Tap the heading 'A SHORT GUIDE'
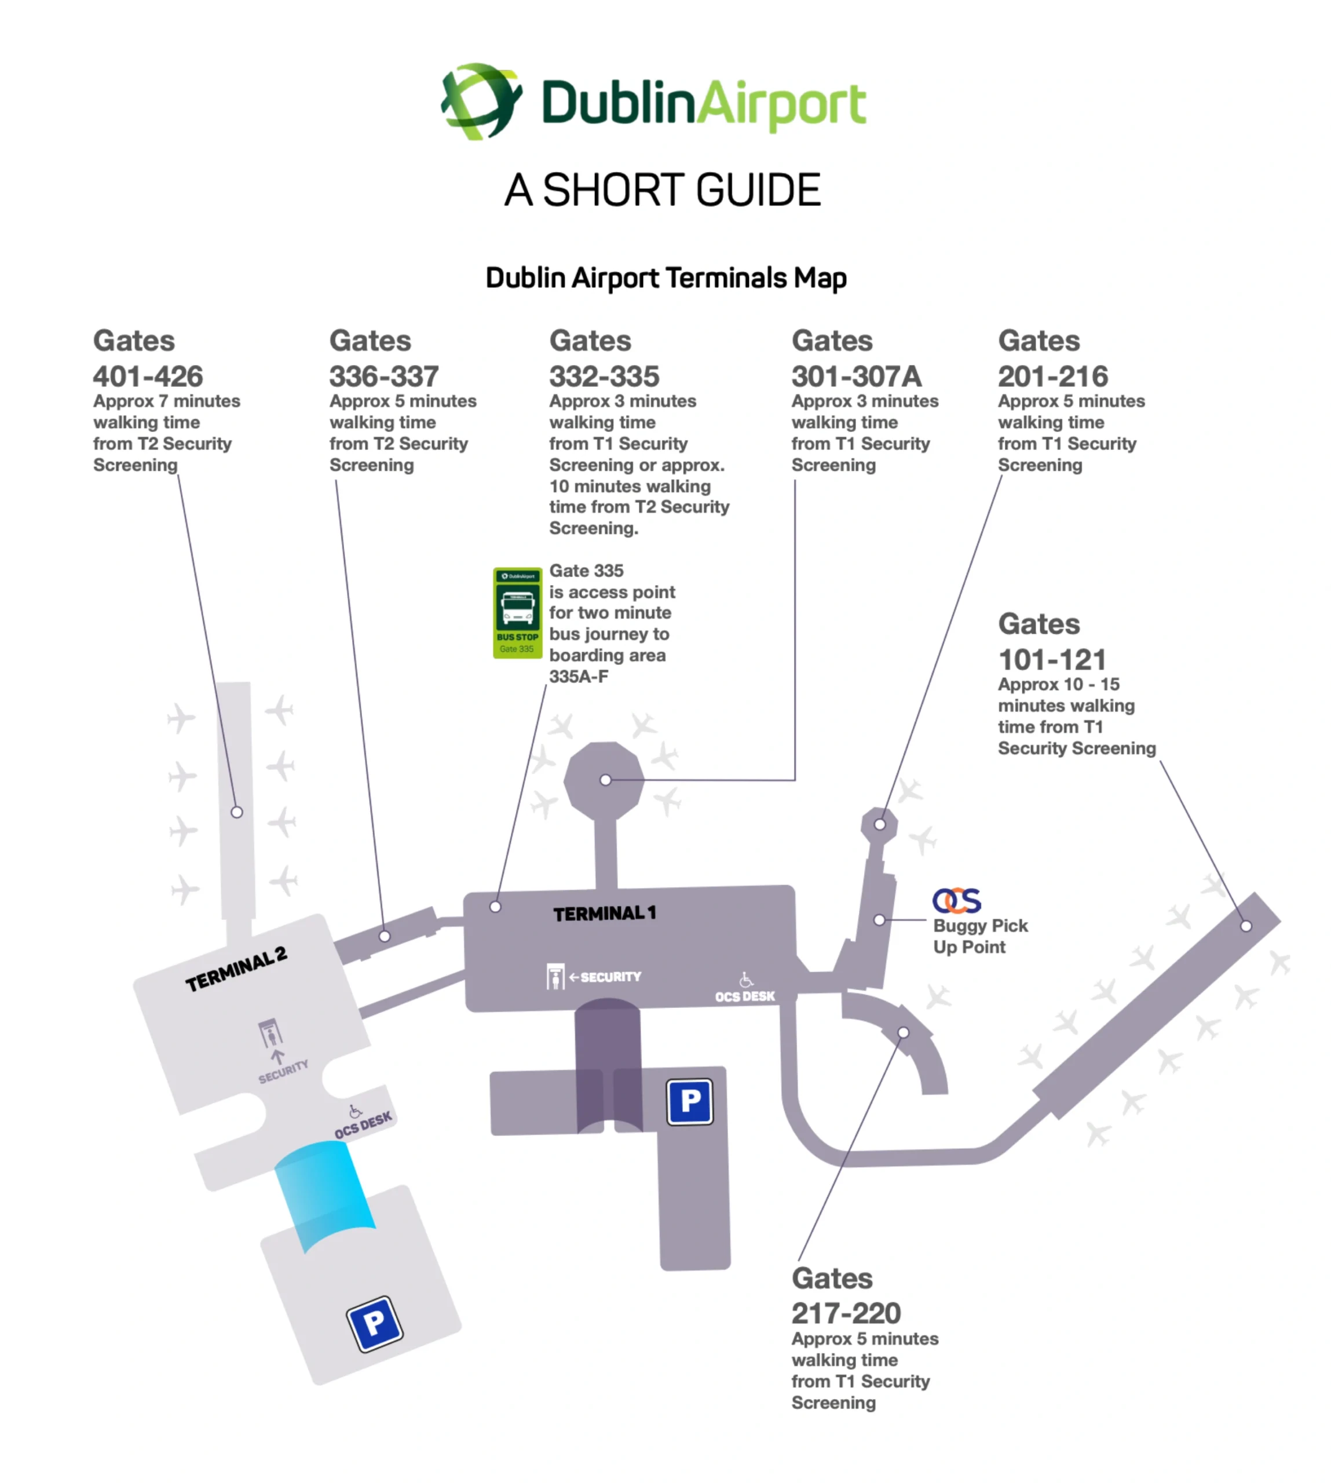point(663,190)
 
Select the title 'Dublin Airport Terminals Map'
point(665,279)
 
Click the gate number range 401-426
point(148,377)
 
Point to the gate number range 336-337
point(384,377)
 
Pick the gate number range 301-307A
point(857,377)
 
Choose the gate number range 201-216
point(1053,377)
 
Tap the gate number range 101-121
point(1052,660)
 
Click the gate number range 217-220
point(846,1314)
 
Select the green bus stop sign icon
point(517,613)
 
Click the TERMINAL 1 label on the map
point(604,914)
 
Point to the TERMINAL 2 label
point(236,970)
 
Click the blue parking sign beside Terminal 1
point(690,1101)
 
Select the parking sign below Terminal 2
point(374,1324)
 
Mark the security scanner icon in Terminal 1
point(555,976)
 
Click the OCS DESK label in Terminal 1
point(744,997)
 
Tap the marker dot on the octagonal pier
point(605,780)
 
